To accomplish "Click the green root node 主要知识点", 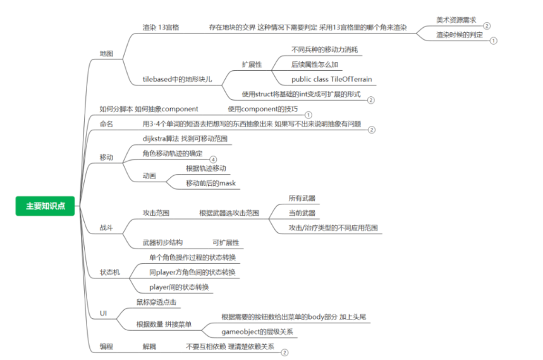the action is [x=45, y=206].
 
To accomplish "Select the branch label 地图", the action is [x=106, y=53].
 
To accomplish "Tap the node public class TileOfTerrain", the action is [x=331, y=79].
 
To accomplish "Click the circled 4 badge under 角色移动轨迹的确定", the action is [x=213, y=159].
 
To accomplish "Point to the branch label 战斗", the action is [x=106, y=228].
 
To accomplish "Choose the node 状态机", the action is [x=110, y=272].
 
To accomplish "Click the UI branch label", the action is [x=103, y=313].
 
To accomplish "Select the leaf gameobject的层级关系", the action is [x=257, y=332].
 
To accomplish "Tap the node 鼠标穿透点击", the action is [x=156, y=302].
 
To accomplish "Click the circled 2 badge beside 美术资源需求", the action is [x=487, y=26].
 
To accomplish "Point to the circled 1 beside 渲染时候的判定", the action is [x=494, y=40].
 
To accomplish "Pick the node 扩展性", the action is [x=252, y=65].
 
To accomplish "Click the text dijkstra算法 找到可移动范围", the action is [x=185, y=139].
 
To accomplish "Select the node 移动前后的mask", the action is [x=210, y=183].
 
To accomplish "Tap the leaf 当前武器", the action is [x=302, y=213].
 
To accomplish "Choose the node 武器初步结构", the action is [x=162, y=242].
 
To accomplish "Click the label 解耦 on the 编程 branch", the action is [x=149, y=346].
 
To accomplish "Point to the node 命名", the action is [x=106, y=124].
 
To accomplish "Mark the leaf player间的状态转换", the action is [x=179, y=287].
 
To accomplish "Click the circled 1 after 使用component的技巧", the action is [x=308, y=115].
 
